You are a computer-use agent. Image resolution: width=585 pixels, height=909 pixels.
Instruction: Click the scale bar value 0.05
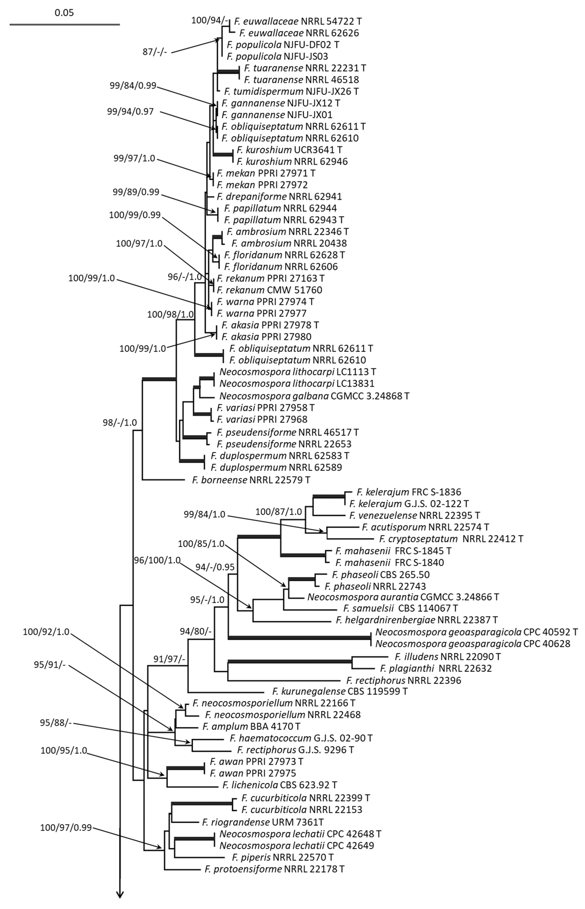click(64, 13)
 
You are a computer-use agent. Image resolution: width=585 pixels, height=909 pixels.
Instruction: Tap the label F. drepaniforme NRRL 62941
click(280, 197)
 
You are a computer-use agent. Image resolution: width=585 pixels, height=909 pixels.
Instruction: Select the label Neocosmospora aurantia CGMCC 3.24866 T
click(403, 597)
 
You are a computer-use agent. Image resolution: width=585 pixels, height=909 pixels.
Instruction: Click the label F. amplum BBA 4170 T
click(251, 727)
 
